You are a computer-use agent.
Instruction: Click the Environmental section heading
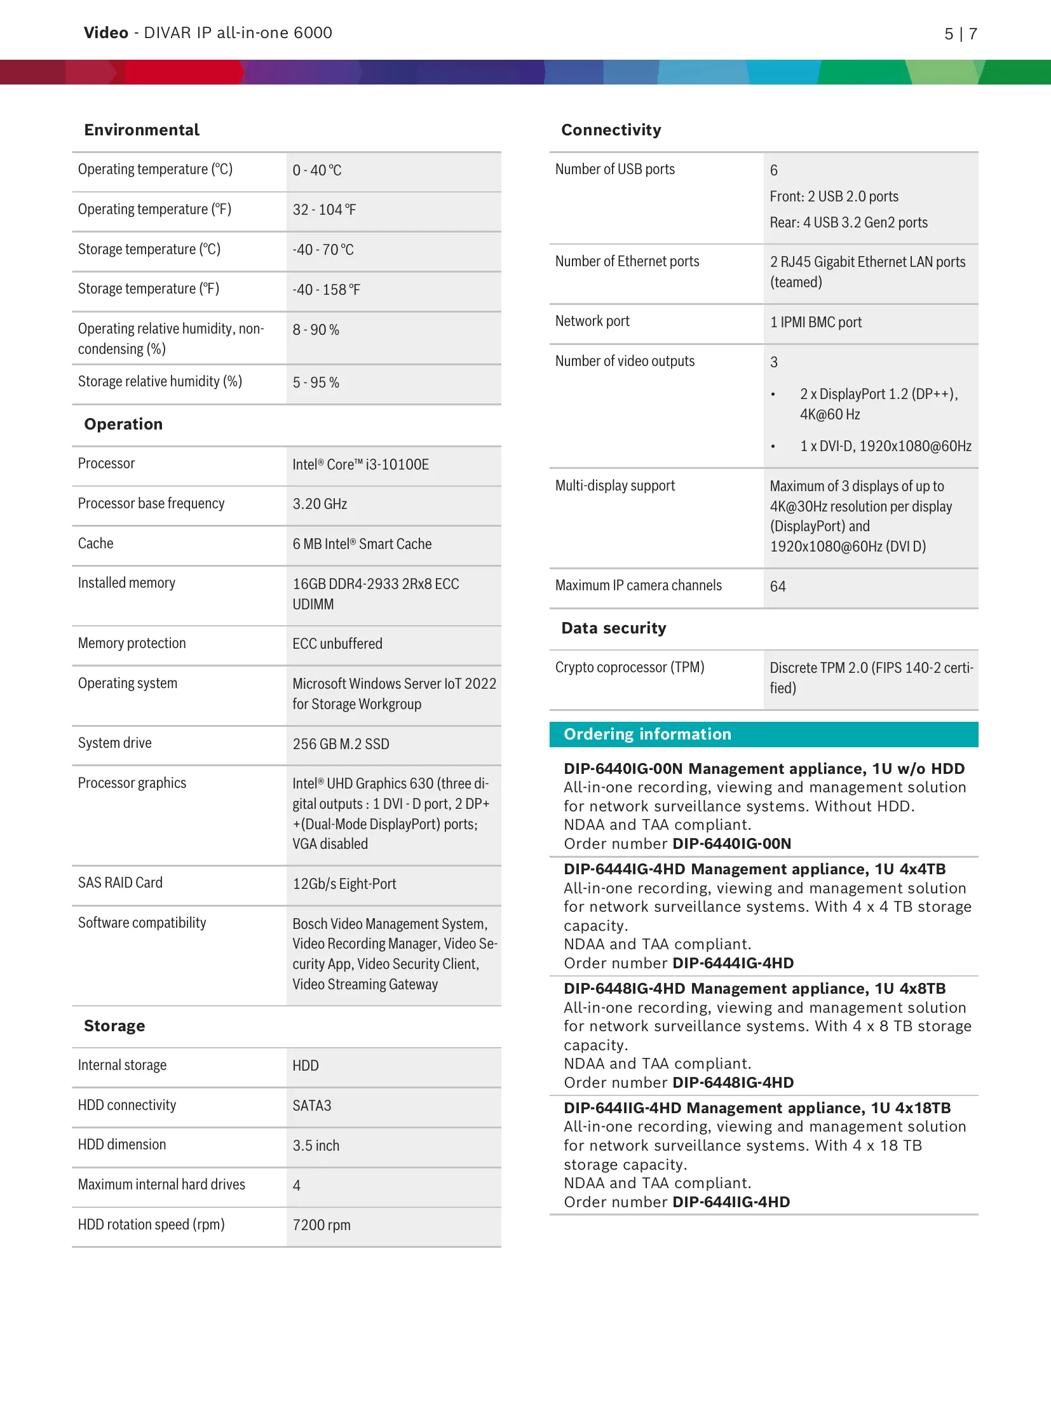click(142, 130)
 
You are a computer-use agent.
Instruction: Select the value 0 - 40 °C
click(317, 170)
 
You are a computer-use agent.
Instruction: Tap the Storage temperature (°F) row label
click(149, 289)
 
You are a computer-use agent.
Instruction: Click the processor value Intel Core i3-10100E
click(360, 464)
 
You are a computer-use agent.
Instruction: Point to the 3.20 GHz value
click(320, 504)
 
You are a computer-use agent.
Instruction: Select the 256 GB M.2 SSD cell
click(341, 744)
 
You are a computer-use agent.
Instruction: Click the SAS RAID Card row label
click(120, 883)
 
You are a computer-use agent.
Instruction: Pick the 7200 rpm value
click(322, 1225)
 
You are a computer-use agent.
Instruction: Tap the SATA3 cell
click(312, 1106)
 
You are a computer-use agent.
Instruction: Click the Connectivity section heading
click(611, 130)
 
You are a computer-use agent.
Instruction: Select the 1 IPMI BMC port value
click(816, 322)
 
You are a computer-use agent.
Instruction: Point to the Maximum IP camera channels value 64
click(778, 586)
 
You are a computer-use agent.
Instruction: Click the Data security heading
click(614, 628)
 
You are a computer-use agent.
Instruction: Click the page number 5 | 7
click(961, 34)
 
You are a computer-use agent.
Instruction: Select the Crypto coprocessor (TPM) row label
click(630, 667)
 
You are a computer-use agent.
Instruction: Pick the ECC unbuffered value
click(337, 644)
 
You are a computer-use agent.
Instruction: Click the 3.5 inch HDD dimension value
click(316, 1146)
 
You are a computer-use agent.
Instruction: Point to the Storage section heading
click(114, 1026)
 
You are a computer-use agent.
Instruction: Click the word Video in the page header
click(106, 33)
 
